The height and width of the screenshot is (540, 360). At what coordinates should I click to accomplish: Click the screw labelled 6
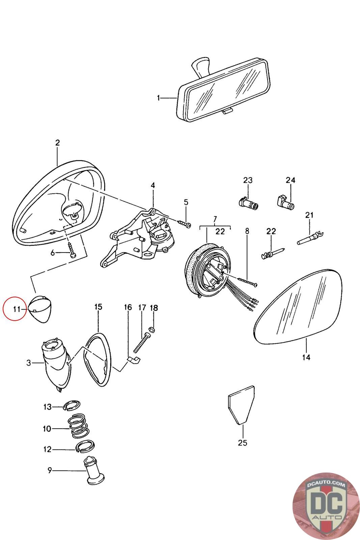coord(72,250)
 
